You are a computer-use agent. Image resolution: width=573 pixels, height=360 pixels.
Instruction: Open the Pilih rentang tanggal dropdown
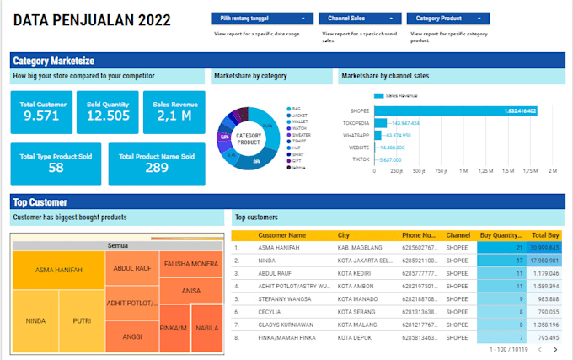click(261, 18)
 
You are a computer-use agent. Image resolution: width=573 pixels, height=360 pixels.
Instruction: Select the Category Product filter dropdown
click(447, 18)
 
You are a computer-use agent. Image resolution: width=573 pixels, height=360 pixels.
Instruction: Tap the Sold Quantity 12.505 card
click(108, 112)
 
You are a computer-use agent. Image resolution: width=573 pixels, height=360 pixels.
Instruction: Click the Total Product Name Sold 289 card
click(157, 164)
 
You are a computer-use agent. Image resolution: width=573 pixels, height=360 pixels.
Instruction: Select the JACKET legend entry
click(299, 115)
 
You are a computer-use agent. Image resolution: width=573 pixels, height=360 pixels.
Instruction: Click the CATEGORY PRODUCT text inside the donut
click(249, 138)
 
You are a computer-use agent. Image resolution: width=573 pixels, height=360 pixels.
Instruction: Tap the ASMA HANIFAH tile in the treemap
click(58, 270)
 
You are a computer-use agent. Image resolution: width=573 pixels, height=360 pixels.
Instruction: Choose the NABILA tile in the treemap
click(206, 327)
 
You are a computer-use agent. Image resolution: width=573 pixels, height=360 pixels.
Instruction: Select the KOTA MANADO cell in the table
click(361, 298)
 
